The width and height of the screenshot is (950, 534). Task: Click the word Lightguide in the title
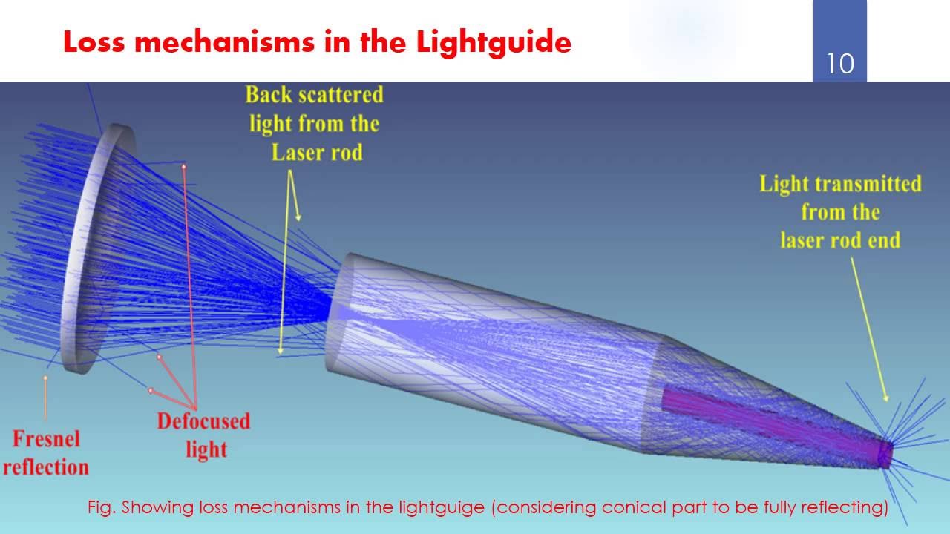tap(494, 42)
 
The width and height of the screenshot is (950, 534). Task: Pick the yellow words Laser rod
tap(317, 152)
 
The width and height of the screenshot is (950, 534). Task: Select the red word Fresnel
tap(46, 438)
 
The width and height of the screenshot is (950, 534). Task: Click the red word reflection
tap(46, 467)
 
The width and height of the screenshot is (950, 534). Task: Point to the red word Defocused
tap(203, 421)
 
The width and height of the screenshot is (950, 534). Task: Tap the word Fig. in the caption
tap(101, 508)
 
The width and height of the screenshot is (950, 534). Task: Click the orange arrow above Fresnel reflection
tap(45, 397)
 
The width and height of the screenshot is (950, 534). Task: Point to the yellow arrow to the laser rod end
tap(868, 326)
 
